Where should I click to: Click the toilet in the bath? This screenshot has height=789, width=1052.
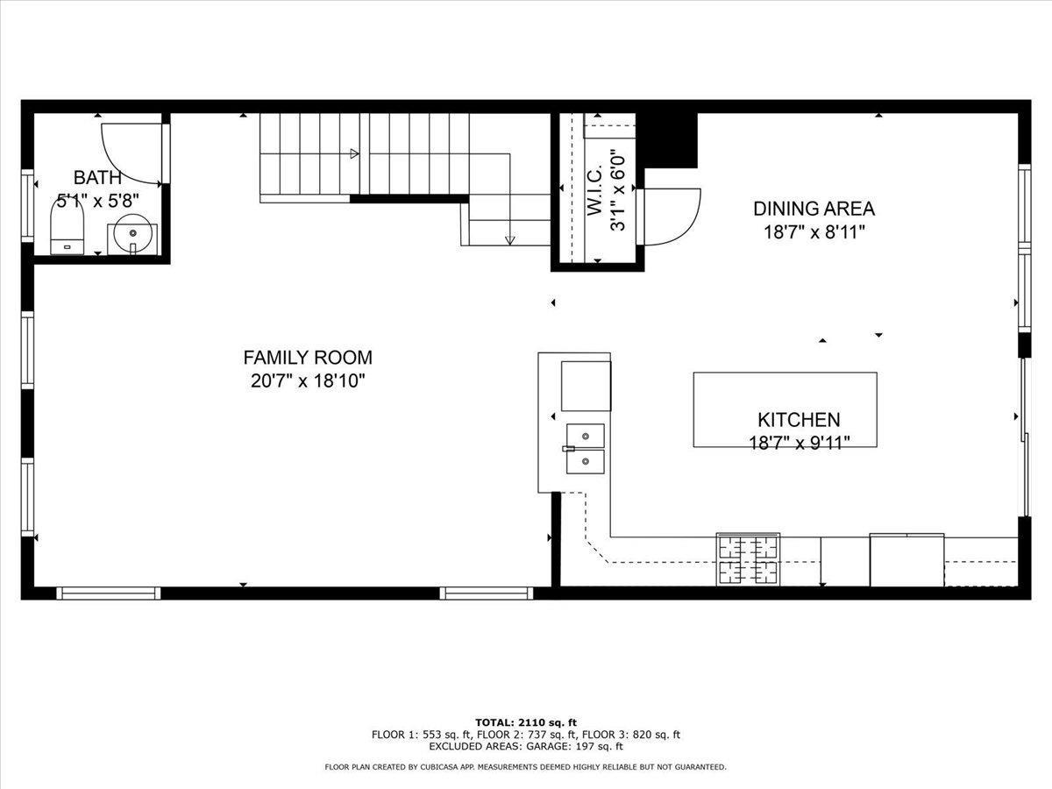coord(68,227)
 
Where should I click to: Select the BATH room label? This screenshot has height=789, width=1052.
coord(97,178)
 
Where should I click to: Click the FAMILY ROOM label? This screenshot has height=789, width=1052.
coord(308,358)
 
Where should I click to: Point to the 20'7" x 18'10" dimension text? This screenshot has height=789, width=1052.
coord(308,381)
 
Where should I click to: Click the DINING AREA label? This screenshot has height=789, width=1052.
coord(814,209)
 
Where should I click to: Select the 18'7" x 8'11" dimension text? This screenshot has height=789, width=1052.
coord(814,233)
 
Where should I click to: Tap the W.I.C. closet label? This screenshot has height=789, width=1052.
coord(594,193)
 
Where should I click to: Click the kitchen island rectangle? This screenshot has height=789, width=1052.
coord(785,409)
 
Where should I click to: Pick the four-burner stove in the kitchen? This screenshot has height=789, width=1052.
coord(748,559)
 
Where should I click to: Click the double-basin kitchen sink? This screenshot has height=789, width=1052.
coord(586,449)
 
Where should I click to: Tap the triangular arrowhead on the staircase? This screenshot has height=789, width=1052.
coord(355,153)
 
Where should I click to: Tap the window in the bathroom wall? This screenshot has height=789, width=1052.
coord(27,205)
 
